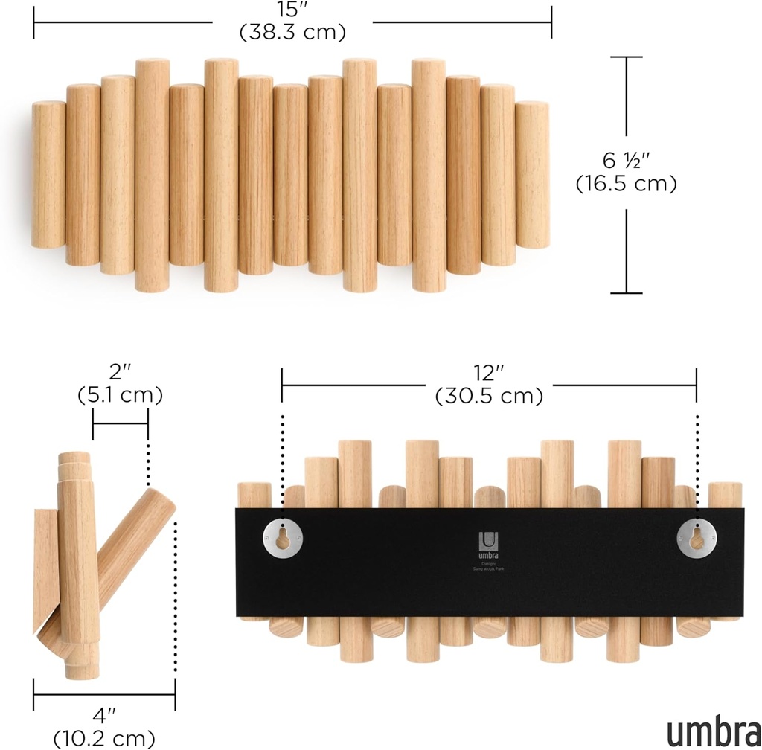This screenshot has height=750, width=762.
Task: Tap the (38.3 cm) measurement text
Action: (292, 33)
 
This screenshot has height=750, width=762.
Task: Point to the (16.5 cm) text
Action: (627, 184)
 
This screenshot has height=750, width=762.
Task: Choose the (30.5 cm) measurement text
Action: (489, 396)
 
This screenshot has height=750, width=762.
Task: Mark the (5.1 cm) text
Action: (120, 394)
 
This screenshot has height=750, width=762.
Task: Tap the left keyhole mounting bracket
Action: (283, 536)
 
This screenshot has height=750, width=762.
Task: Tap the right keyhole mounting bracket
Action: (696, 536)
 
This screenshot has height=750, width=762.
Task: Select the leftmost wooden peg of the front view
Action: (48, 175)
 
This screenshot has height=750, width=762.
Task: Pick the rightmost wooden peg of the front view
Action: (532, 175)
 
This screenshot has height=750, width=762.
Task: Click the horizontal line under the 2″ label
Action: (120, 424)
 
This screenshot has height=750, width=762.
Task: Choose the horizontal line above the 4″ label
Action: (103, 698)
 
